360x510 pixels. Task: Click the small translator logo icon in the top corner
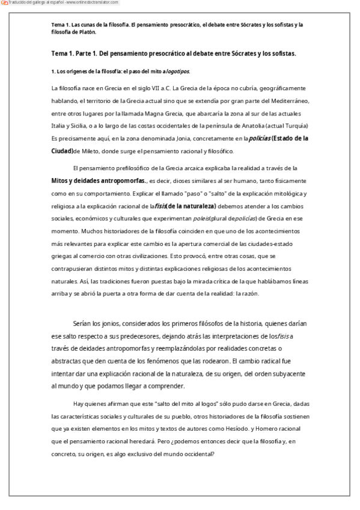(x=4, y=2)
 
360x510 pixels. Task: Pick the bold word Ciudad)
(x=62, y=151)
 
